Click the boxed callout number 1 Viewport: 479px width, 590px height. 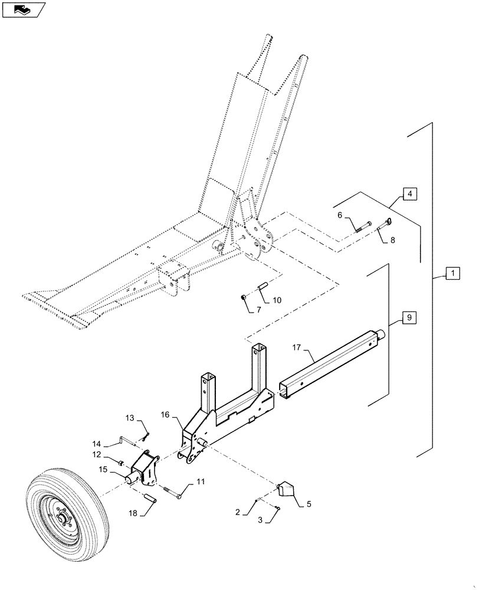coord(451,274)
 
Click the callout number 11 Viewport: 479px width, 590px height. coord(201,482)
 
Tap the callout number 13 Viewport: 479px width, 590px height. coord(130,418)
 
